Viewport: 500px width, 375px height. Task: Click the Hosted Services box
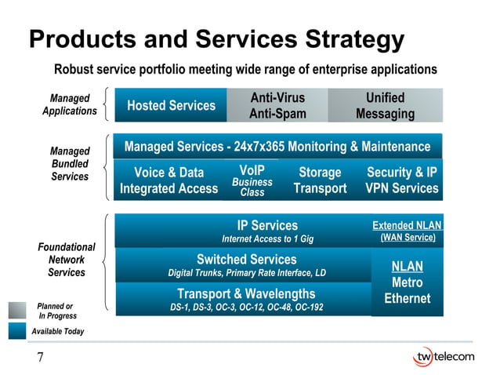point(171,105)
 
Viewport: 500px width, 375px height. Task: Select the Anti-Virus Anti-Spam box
point(277,106)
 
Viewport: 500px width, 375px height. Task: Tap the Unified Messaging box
point(385,106)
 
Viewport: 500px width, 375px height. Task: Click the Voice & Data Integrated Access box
point(168,180)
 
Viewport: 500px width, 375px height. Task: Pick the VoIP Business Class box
point(252,180)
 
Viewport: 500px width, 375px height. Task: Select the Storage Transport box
point(320,180)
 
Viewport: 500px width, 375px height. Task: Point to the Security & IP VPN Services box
point(402,180)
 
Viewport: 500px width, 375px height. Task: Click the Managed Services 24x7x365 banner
point(277,147)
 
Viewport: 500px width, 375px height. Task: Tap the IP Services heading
point(267,225)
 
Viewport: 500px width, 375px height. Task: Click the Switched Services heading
point(246,259)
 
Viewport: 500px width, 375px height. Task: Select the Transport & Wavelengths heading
point(246,293)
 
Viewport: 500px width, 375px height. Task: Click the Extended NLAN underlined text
point(407,225)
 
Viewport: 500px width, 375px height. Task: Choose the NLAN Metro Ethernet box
point(407,282)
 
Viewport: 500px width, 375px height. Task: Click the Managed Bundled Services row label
point(70,164)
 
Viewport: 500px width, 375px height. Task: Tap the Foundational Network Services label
point(67,260)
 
